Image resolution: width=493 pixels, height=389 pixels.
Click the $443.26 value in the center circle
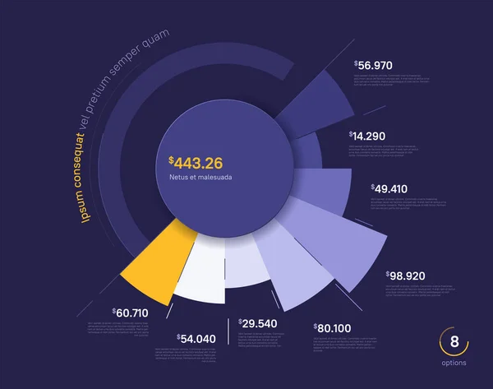[196, 162]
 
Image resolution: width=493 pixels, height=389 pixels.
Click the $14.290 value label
[367, 135]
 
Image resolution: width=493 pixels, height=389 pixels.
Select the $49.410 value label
[389, 188]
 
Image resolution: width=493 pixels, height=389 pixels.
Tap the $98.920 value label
[405, 275]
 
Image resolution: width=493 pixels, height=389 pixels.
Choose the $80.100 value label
[334, 327]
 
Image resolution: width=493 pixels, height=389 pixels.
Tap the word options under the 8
[453, 363]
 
